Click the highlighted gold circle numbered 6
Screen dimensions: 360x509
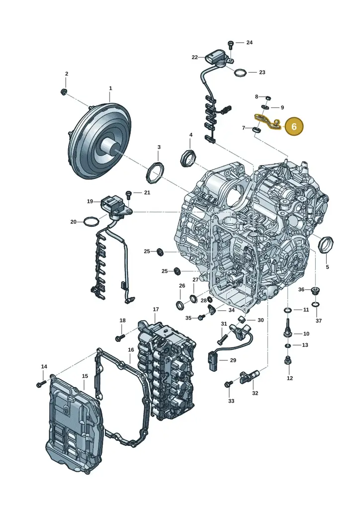294,126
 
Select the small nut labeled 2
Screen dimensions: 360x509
64,92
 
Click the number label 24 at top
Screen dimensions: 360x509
249,43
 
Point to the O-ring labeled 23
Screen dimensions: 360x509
240,73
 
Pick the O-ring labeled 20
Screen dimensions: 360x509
91,221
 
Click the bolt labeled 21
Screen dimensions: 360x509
129,195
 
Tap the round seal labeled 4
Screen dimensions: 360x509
188,158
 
